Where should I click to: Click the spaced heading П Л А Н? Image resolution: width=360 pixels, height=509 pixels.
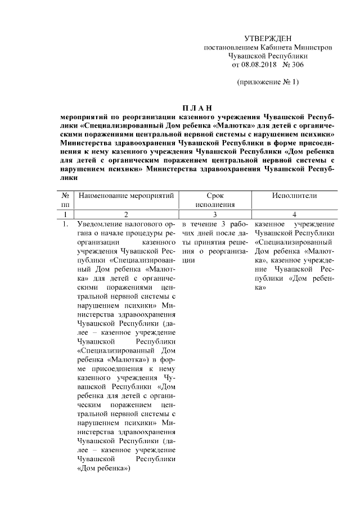click(197, 108)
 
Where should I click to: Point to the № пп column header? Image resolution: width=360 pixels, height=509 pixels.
click(66, 200)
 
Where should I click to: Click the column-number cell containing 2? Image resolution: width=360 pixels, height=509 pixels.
click(126, 214)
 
